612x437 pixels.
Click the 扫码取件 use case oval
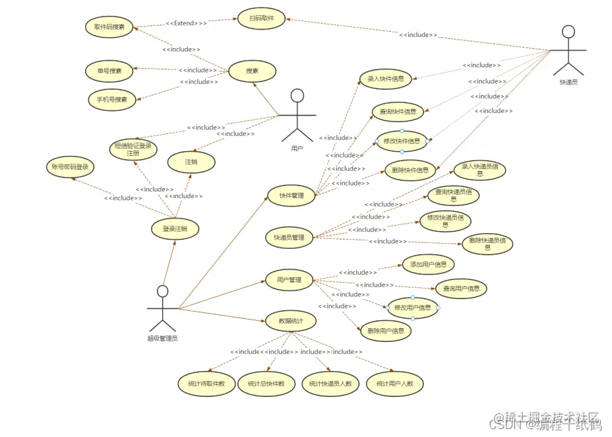pyautogui.click(x=262, y=18)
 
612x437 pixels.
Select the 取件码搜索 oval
pyautogui.click(x=109, y=27)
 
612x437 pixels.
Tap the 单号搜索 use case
pyautogui.click(x=109, y=71)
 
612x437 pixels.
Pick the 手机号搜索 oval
pyautogui.click(x=112, y=100)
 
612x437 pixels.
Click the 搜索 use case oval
pyautogui.click(x=252, y=71)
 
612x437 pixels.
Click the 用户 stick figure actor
pyautogui.click(x=297, y=116)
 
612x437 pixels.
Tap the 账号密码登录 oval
pyautogui.click(x=71, y=167)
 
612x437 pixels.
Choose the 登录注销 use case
pyautogui.click(x=175, y=229)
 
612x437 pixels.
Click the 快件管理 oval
pyautogui.click(x=291, y=195)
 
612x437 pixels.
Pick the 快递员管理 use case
pyautogui.click(x=289, y=238)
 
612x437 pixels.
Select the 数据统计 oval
pyautogui.click(x=290, y=321)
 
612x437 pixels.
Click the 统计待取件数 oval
pyautogui.click(x=206, y=384)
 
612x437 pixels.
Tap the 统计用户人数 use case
pyautogui.click(x=394, y=384)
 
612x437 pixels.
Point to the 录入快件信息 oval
pyautogui.click(x=385, y=79)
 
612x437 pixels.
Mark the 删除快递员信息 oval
pyautogui.click(x=487, y=243)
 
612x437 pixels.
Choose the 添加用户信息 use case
pyautogui.click(x=428, y=265)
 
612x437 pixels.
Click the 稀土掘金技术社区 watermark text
pyautogui.click(x=552, y=417)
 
